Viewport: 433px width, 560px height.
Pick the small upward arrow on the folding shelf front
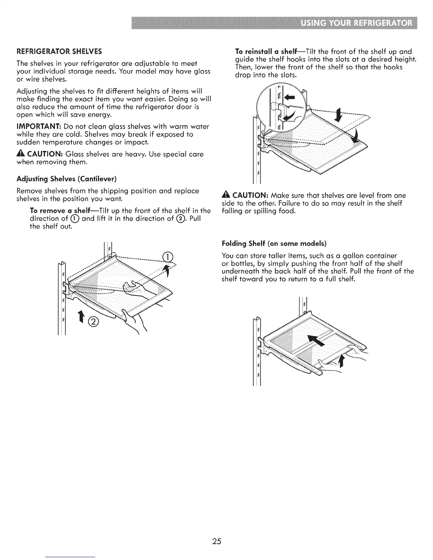tap(341, 361)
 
